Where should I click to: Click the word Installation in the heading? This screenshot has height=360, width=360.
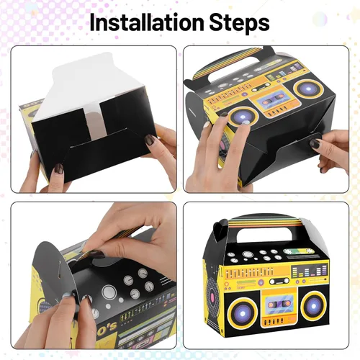146,22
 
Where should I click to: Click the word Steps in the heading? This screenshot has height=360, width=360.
239,23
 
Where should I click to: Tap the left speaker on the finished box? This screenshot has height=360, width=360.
243,313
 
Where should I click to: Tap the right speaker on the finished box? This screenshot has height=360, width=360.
314,306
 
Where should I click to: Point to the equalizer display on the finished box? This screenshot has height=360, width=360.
309,271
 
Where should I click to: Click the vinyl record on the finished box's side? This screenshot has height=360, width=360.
212,294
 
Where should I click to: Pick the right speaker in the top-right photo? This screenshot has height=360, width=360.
308,89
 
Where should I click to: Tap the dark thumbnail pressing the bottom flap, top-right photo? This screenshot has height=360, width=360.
315,143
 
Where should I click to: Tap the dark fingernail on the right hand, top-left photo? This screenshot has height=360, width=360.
150,139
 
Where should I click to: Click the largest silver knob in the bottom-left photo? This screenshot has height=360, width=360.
109,292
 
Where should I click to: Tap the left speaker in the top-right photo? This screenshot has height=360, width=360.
243,117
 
